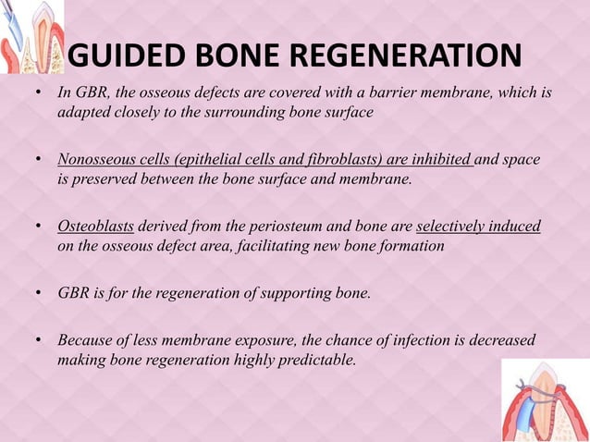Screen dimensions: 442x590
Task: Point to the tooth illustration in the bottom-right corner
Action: [546, 399]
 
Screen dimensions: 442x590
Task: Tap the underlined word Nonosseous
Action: [97, 161]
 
